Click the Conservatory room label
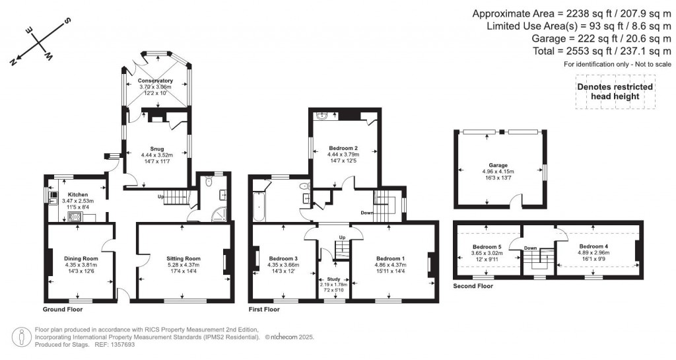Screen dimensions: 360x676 coord(155,81)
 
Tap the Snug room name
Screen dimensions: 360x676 coord(156,149)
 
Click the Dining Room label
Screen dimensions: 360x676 coord(81,258)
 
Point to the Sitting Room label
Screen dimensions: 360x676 coord(184,258)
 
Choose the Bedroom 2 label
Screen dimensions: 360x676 coord(343,148)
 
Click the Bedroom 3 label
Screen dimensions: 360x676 coord(283,258)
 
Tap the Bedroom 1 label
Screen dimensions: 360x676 coord(391,258)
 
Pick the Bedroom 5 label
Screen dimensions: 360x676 coord(487,246)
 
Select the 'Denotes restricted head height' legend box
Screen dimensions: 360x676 coord(615,92)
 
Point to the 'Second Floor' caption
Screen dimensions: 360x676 coord(473,287)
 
